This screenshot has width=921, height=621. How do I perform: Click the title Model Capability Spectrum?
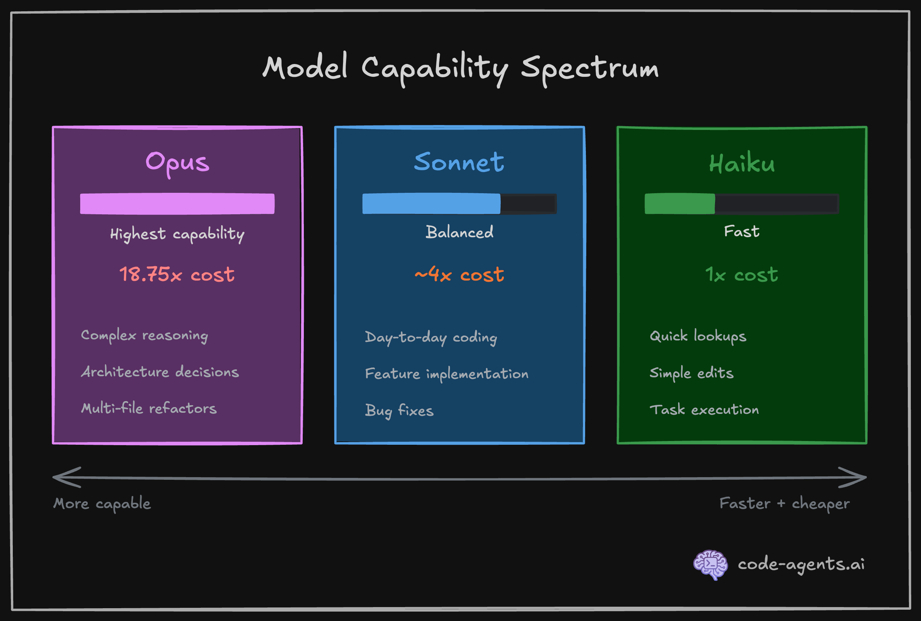[x=460, y=68]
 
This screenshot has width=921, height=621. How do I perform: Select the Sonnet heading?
[x=459, y=162]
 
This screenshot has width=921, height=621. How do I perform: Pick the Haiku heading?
[x=742, y=163]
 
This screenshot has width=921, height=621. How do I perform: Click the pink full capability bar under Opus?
[x=177, y=204]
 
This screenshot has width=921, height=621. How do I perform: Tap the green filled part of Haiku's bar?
[x=680, y=204]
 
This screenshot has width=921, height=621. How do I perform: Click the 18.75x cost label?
[x=177, y=275]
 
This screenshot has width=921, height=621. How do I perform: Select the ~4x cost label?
[x=459, y=275]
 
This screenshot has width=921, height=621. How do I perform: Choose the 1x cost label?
[x=741, y=275]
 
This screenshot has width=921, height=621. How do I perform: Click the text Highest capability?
[x=177, y=234]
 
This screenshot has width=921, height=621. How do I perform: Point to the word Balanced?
[x=459, y=232]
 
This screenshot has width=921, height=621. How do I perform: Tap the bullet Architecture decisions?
[x=160, y=372]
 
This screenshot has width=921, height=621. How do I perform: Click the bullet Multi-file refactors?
[x=149, y=408]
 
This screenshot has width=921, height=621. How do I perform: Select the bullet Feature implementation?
[x=447, y=374]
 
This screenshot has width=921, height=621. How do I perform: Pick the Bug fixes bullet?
[x=399, y=411]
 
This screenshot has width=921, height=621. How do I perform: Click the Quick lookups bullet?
[x=698, y=336]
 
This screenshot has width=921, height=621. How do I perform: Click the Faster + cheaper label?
[x=784, y=504]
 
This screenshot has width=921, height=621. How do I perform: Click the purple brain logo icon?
[x=711, y=565]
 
